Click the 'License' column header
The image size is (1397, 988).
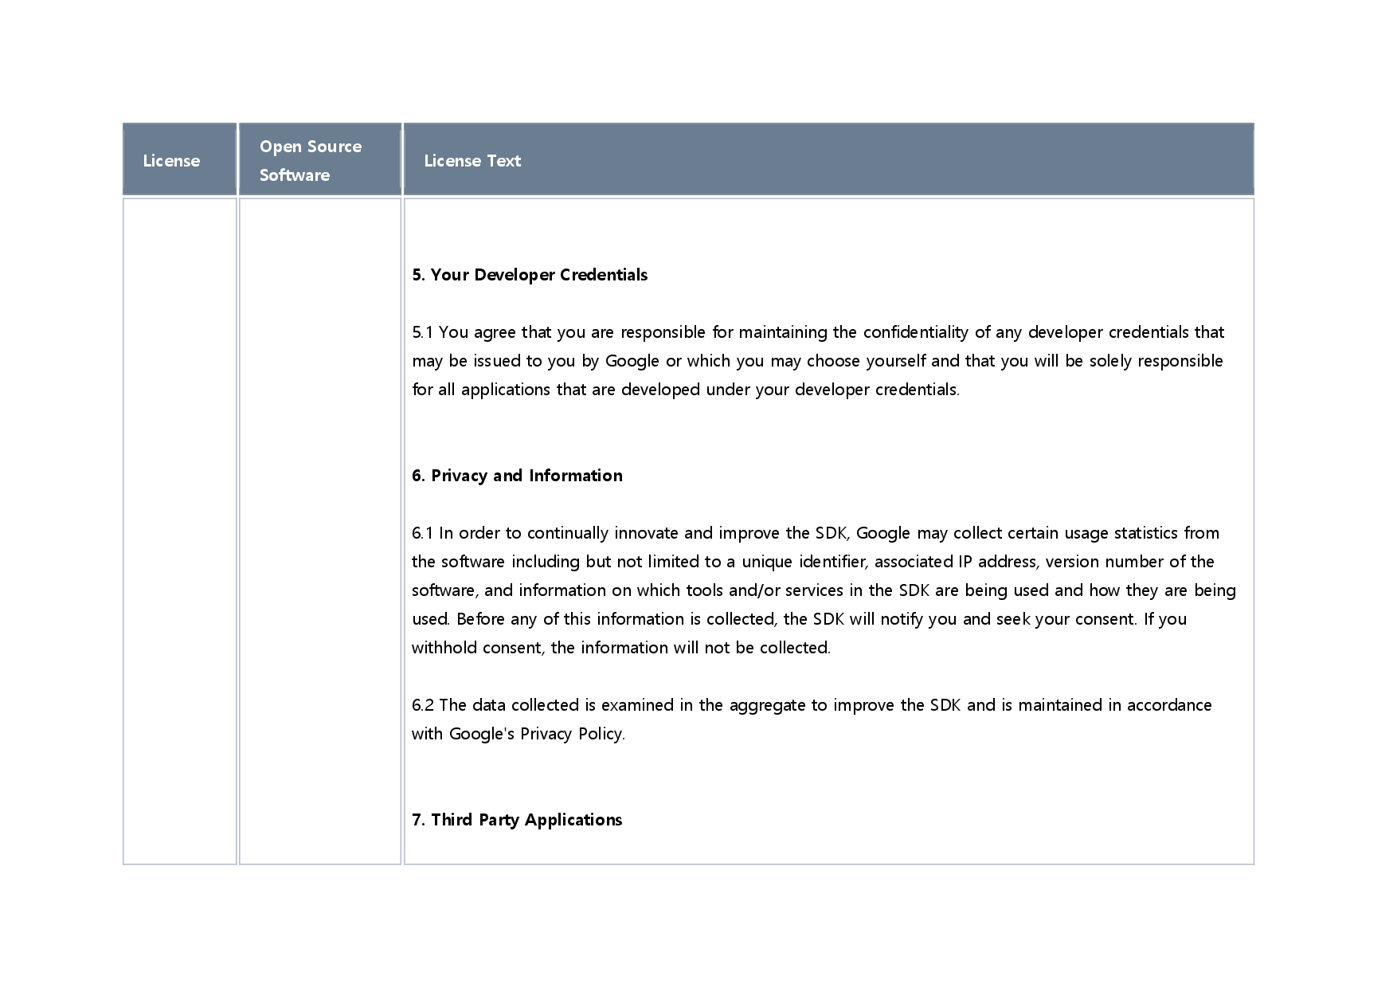171,161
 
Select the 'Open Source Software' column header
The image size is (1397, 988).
310,160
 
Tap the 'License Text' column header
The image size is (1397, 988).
472,161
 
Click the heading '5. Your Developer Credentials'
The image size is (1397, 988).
530,275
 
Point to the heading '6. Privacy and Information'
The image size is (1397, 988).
517,476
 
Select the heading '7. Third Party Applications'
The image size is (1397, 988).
517,820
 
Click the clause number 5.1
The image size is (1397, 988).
422,332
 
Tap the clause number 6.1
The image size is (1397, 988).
422,533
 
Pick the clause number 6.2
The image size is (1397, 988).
423,705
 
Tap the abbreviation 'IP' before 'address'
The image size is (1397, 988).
965,562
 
